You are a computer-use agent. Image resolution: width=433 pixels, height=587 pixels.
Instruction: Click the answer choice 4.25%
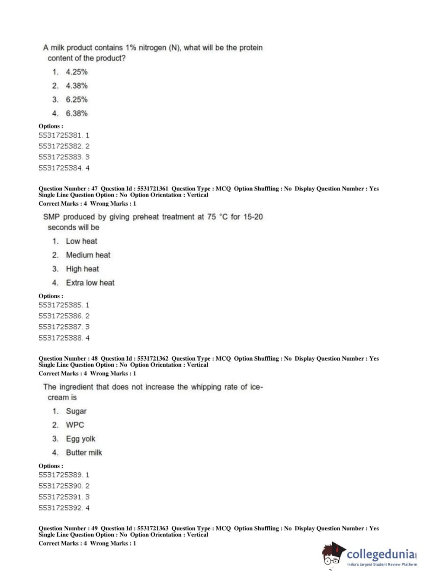tap(77, 72)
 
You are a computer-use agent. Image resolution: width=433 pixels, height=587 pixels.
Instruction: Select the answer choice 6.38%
tap(77, 113)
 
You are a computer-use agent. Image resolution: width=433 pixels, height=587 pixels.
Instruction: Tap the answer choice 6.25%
tap(77, 100)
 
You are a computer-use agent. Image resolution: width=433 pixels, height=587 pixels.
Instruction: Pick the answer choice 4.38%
tap(77, 86)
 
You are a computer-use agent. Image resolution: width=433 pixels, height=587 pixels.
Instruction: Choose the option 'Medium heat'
tap(88, 255)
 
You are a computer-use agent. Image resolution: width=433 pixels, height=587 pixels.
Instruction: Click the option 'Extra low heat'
tap(90, 283)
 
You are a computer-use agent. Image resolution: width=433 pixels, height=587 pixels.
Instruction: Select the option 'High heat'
tap(82, 269)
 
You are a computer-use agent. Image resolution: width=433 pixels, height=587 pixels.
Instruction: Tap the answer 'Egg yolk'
tap(80, 439)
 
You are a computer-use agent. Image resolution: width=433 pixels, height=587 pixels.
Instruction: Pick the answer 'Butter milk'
tap(84, 452)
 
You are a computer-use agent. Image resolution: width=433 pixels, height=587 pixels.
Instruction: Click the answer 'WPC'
tap(75, 425)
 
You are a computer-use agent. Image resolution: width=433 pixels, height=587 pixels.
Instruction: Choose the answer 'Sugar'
tap(76, 411)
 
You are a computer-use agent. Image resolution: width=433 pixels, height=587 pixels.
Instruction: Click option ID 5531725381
tap(60, 135)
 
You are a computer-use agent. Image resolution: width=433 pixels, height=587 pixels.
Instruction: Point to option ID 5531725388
tap(60, 338)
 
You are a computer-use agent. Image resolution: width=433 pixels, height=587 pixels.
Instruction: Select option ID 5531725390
tap(60, 486)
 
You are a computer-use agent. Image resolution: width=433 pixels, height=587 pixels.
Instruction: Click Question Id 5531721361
tap(153, 189)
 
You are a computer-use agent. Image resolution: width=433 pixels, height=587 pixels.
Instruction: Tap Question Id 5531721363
tap(153, 528)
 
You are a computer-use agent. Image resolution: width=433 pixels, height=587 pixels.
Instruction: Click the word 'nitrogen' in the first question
tap(152, 48)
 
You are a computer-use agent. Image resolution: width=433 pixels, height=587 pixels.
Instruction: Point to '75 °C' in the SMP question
tap(217, 217)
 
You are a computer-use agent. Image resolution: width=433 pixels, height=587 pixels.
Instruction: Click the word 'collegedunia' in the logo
tap(380, 554)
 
